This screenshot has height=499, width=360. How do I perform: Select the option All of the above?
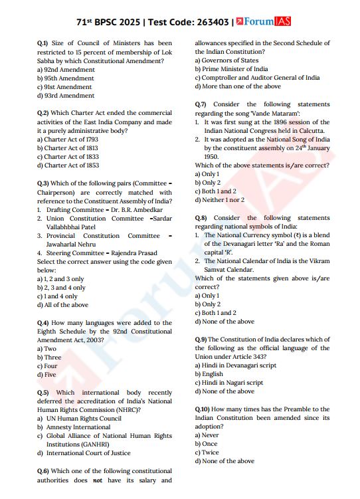[66, 305]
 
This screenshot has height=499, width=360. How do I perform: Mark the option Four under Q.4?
[50, 366]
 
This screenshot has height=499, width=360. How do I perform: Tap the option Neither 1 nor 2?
[223, 200]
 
